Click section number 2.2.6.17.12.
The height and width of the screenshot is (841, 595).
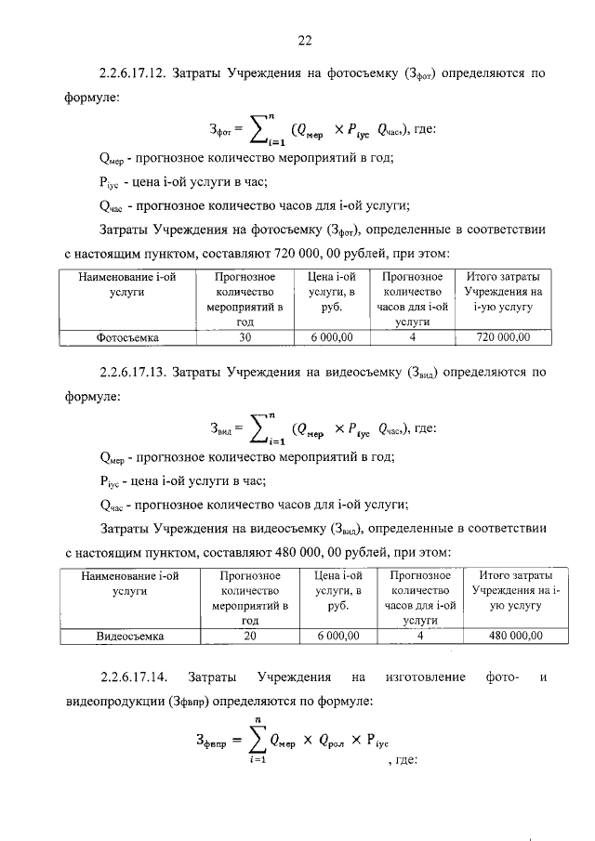134,72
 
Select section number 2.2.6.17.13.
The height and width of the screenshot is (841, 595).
134,374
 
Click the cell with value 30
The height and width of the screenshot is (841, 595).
245,337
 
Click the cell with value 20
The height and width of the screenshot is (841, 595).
249,637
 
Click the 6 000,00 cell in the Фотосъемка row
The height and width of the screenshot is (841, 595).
331,337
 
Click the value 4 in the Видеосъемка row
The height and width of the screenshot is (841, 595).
421,637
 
